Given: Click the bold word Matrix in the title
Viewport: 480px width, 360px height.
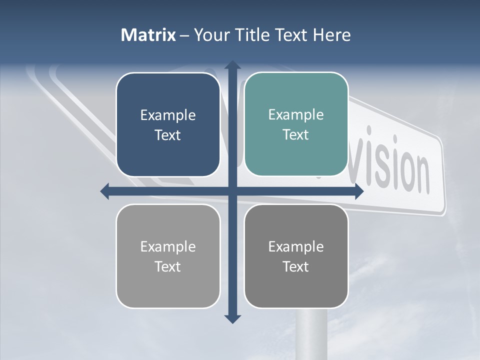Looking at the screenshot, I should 148,35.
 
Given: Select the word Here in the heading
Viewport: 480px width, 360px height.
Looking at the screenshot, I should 332,35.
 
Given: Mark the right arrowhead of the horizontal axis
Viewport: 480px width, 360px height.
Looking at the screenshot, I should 358,191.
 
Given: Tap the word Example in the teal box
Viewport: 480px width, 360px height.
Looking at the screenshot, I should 296,115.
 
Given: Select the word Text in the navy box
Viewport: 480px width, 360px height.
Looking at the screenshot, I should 167,135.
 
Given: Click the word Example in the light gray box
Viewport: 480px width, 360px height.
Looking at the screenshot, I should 168,247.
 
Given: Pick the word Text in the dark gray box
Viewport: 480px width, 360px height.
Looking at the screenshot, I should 296,266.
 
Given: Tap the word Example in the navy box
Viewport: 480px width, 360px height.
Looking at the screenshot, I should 168,115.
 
